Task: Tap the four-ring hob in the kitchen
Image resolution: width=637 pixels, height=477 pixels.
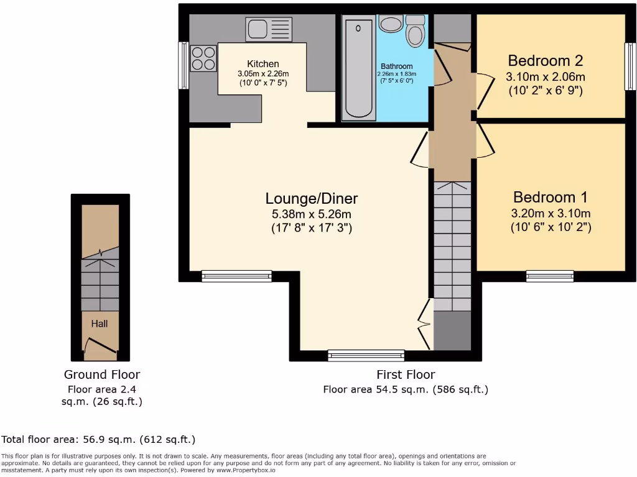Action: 203,58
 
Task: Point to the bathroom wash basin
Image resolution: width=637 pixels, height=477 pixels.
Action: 390,24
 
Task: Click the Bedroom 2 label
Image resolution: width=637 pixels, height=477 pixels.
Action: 546,61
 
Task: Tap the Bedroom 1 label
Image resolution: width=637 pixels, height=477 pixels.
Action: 551,198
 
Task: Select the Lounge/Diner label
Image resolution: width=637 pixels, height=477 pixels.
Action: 312,199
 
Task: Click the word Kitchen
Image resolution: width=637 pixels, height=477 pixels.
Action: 263,64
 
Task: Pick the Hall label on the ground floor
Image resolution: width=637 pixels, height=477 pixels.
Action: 100,324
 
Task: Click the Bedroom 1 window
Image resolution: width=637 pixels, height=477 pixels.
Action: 550,276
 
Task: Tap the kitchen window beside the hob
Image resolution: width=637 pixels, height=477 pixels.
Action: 184,65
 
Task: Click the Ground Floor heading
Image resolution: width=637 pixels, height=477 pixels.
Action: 102,375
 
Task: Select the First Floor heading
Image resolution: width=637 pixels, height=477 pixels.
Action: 406,375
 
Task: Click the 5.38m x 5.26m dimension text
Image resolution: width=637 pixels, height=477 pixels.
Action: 312,214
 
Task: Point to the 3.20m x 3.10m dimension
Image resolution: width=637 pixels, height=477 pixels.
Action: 551,214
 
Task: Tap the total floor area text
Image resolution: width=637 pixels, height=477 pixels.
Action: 98,440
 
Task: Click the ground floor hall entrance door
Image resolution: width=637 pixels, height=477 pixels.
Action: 100,346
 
